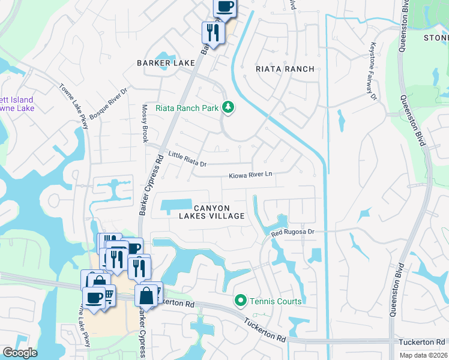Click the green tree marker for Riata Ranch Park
228,108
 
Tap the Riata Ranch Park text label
186,108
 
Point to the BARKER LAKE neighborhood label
166,63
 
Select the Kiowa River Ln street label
250,175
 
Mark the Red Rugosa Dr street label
292,232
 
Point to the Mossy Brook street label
145,123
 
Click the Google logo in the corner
20,353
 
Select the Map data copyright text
424,355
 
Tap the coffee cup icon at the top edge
225,7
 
